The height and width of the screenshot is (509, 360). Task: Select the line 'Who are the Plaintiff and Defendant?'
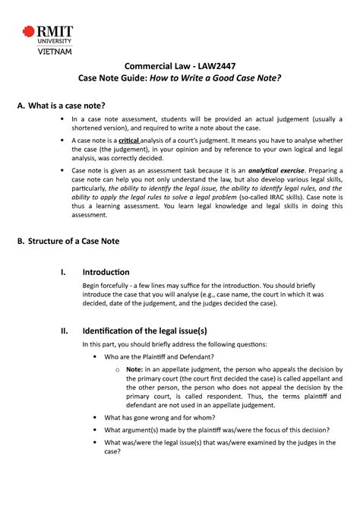[x=158, y=356]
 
